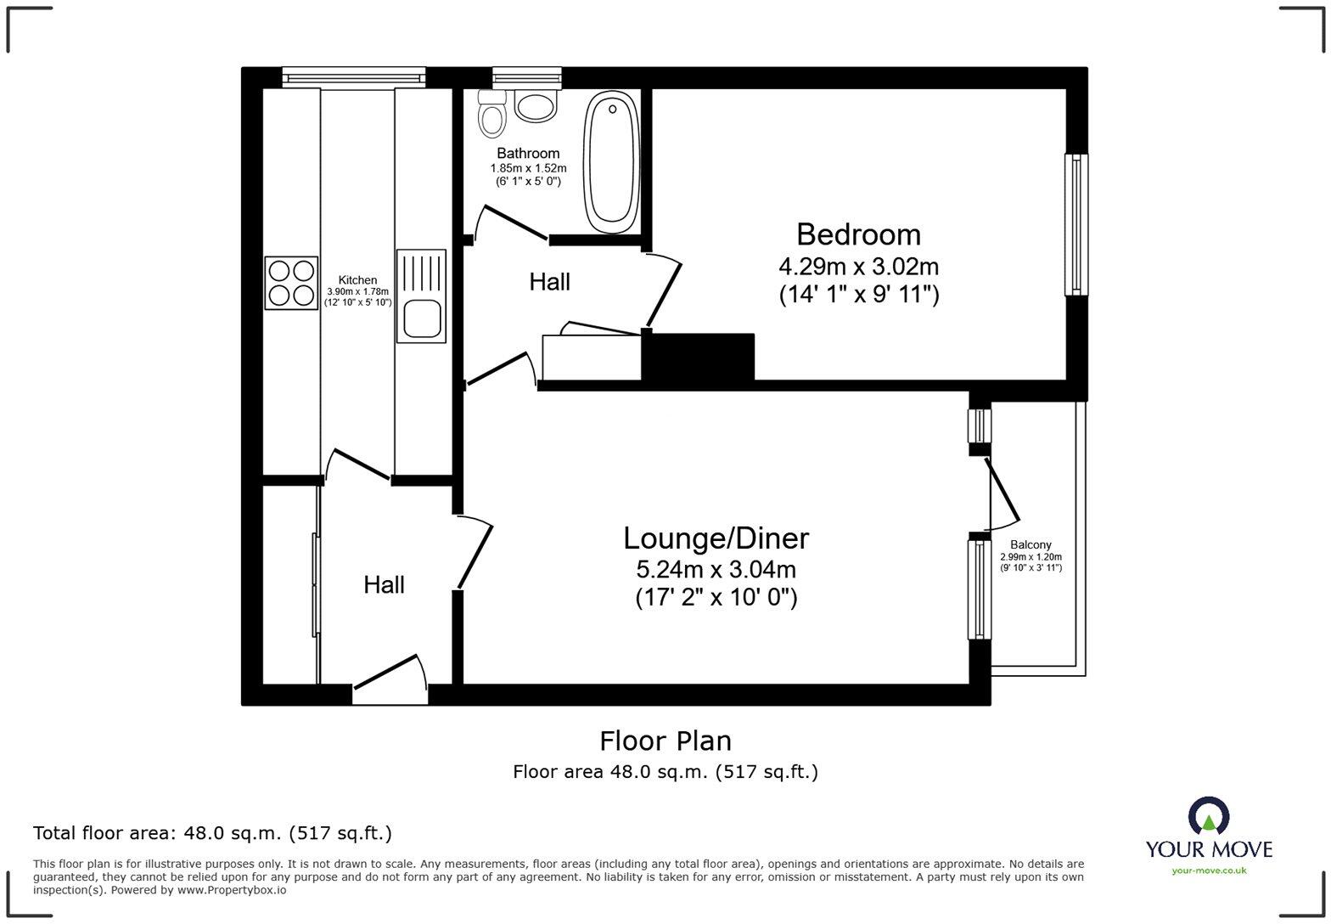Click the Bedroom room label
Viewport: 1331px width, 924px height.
[x=858, y=234]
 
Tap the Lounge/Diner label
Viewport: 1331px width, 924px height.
[x=716, y=538]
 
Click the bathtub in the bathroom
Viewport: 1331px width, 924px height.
[x=611, y=161]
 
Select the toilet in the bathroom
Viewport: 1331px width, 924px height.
[x=491, y=115]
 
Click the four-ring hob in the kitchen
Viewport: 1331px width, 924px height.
[x=291, y=283]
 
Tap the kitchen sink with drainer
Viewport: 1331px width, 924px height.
[x=421, y=296]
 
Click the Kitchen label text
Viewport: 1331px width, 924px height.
[x=357, y=280]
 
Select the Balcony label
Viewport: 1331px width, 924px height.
[x=1031, y=545]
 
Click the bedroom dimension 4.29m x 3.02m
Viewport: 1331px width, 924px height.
[x=858, y=267]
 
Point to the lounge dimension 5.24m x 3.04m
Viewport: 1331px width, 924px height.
[x=716, y=569]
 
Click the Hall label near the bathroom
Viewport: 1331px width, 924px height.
[x=549, y=282]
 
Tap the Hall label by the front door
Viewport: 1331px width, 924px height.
[x=384, y=584]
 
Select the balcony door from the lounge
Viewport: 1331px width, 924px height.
[x=1002, y=493]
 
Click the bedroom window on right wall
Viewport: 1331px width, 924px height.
[x=1075, y=224]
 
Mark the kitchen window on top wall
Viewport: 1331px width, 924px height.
[x=354, y=78]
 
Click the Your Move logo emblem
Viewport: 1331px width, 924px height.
[x=1208, y=817]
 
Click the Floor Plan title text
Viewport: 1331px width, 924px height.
[x=665, y=741]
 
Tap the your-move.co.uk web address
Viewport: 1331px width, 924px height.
[x=1209, y=870]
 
